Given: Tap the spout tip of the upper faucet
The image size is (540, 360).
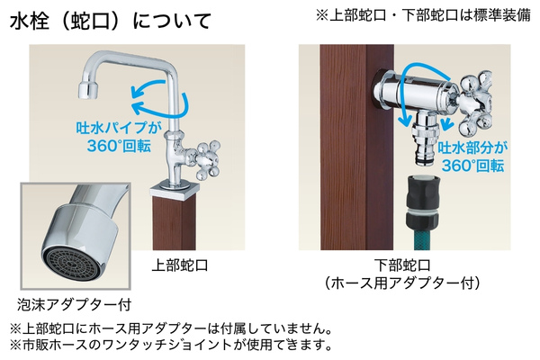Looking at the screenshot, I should tap(87, 87).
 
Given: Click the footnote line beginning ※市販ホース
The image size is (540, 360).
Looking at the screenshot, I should tap(171, 345).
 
